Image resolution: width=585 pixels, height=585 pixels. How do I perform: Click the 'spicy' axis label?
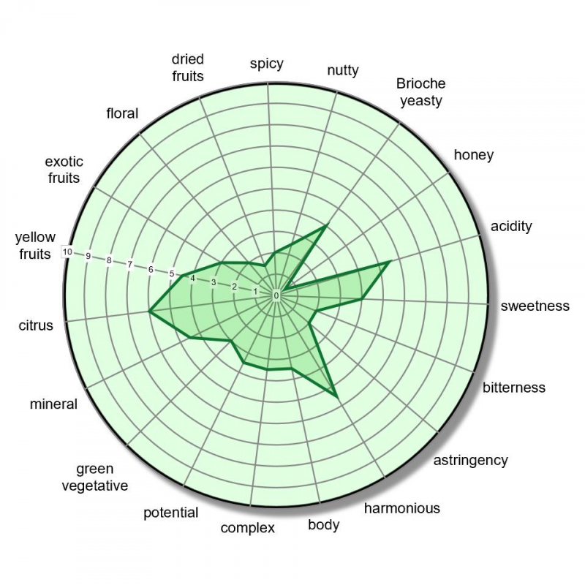click(x=266, y=64)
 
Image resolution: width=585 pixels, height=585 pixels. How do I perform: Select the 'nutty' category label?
click(x=343, y=70)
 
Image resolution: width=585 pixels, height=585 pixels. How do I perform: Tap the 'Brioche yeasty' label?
click(x=421, y=92)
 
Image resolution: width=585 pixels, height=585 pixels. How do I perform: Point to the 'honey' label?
click(x=474, y=155)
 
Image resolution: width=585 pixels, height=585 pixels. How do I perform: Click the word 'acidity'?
click(x=511, y=226)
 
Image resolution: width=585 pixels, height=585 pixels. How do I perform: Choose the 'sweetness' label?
click(x=535, y=306)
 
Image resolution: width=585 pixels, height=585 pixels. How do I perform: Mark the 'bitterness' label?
click(x=514, y=388)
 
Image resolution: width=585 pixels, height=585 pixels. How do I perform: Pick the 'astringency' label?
click(x=470, y=460)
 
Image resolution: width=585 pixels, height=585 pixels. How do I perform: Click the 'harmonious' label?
click(x=402, y=507)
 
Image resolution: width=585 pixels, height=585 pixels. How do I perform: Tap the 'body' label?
click(x=323, y=524)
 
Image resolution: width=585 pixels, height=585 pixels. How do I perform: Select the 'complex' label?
click(x=247, y=527)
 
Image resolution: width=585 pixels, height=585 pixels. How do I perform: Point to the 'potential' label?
click(x=171, y=513)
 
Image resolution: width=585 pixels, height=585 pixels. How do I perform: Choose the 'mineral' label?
click(x=53, y=404)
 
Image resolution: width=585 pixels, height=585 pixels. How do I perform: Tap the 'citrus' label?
click(x=36, y=325)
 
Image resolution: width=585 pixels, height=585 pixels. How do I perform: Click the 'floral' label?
click(x=122, y=113)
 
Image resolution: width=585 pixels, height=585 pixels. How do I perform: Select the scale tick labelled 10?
click(x=67, y=252)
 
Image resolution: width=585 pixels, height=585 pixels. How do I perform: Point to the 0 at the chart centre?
click(x=276, y=295)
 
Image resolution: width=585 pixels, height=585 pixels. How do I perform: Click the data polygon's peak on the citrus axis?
click(x=149, y=312)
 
